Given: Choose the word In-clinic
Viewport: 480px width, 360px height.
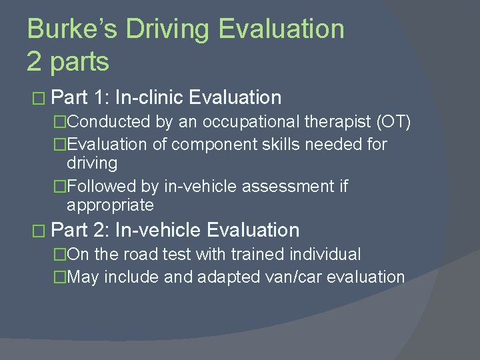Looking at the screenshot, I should click(149, 98).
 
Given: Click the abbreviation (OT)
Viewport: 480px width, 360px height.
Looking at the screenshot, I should click(393, 121).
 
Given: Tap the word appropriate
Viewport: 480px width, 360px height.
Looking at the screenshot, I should click(110, 205).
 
